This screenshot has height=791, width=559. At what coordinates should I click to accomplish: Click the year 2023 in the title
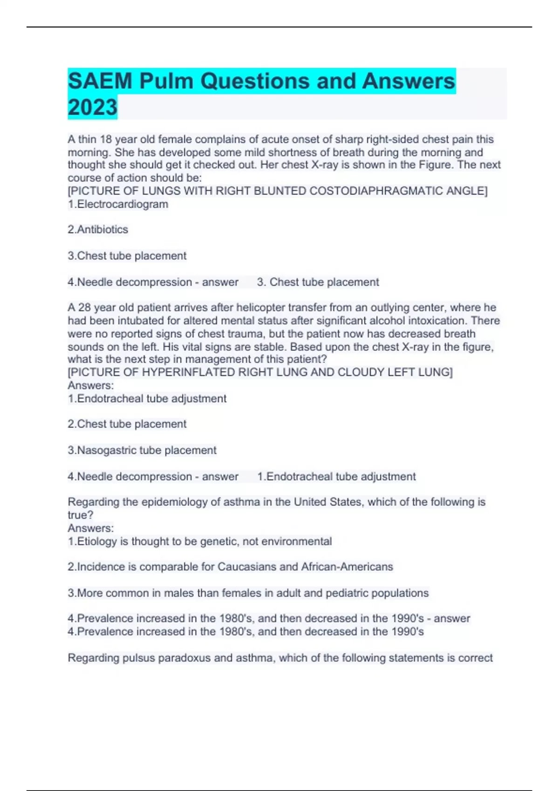click(92, 107)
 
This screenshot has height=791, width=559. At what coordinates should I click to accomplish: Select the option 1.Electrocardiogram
click(118, 204)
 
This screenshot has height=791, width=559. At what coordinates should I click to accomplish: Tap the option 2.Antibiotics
click(98, 229)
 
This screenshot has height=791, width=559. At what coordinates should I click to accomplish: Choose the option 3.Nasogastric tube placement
click(142, 450)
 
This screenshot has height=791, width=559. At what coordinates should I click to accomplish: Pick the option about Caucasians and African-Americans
click(230, 567)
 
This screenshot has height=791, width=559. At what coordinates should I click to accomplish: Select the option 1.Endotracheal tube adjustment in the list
click(147, 399)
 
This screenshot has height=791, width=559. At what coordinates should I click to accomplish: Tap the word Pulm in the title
click(166, 81)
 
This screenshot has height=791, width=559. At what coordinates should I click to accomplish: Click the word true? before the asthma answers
click(81, 515)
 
